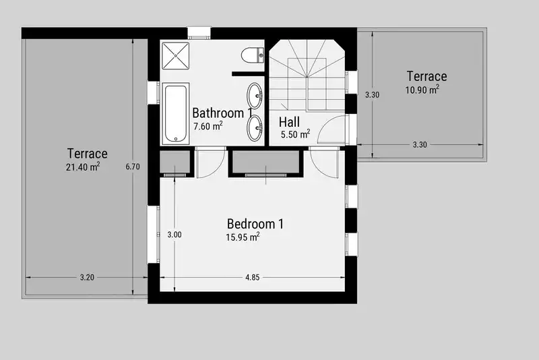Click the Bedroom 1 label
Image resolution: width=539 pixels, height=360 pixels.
pos(255,224)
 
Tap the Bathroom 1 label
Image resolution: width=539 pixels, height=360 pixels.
pos(222,113)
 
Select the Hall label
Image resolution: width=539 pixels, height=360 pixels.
pos(289,122)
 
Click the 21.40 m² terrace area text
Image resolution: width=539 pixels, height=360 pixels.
pos(83,167)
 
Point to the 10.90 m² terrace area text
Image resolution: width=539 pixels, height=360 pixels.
pos(422,90)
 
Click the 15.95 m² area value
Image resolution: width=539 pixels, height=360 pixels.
pos(243,237)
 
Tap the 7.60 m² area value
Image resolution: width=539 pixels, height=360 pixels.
pos(208,126)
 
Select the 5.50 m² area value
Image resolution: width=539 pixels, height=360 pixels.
pos(295,134)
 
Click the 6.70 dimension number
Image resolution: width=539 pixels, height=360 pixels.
pos(133,167)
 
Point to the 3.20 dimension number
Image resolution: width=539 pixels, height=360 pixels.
pos(87,278)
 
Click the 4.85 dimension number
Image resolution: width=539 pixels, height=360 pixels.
pos(252,278)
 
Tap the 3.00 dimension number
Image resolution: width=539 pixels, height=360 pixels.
pos(175,235)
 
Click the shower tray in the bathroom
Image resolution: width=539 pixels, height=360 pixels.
pos(175,55)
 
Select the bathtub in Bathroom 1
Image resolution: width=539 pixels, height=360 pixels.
pos(175,113)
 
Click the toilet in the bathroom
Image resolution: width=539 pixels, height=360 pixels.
pos(253,55)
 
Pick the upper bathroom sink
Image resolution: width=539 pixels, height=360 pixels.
pos(255,95)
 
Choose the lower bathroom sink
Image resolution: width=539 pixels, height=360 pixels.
pos(255,128)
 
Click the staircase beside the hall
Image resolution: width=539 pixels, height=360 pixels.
pos(307,76)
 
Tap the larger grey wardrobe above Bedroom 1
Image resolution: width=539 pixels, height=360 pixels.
pos(265,162)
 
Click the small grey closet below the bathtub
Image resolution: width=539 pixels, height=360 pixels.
pos(175,162)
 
